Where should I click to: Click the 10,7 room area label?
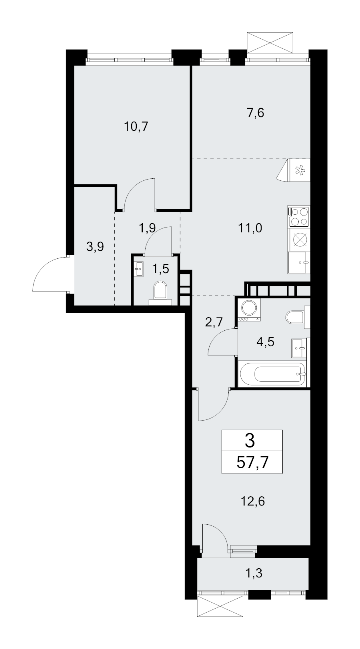click(136, 127)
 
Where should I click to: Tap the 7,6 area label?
click(256, 113)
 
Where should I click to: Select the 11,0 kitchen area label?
click(250, 228)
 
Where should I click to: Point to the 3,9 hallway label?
click(95, 247)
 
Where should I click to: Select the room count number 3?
click(250, 441)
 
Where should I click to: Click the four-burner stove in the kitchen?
click(299, 216)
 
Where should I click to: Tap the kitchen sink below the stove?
click(299, 262)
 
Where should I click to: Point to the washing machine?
click(249, 310)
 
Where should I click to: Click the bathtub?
click(272, 373)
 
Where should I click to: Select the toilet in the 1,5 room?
click(160, 293)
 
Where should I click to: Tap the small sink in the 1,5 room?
click(140, 269)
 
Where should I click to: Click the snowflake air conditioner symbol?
click(293, 170)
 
